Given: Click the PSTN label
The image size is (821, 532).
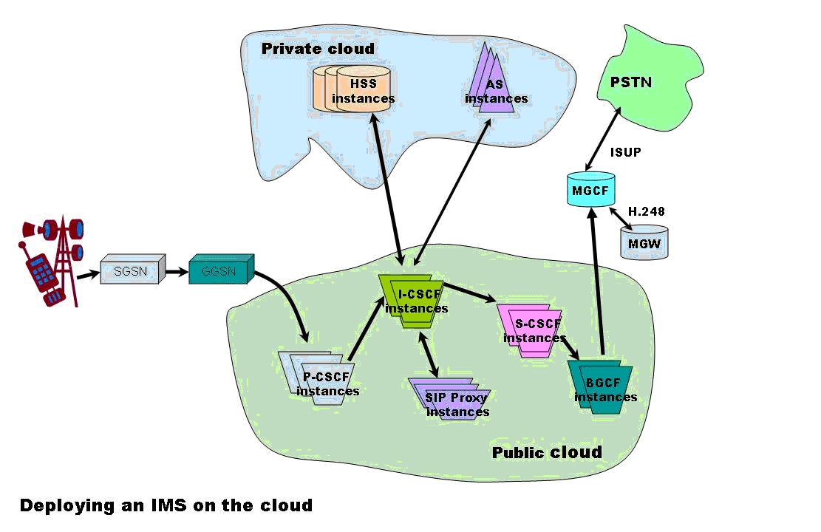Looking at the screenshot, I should pos(631,81).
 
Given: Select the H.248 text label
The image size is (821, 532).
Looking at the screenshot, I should pos(647,211).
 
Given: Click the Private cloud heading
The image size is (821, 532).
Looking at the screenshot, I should pos(318,49).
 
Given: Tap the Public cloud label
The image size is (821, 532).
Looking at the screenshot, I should pos(547,452).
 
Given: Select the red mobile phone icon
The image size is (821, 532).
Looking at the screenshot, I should pos(43,273).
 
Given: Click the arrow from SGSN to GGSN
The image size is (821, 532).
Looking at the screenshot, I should pos(176,272).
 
